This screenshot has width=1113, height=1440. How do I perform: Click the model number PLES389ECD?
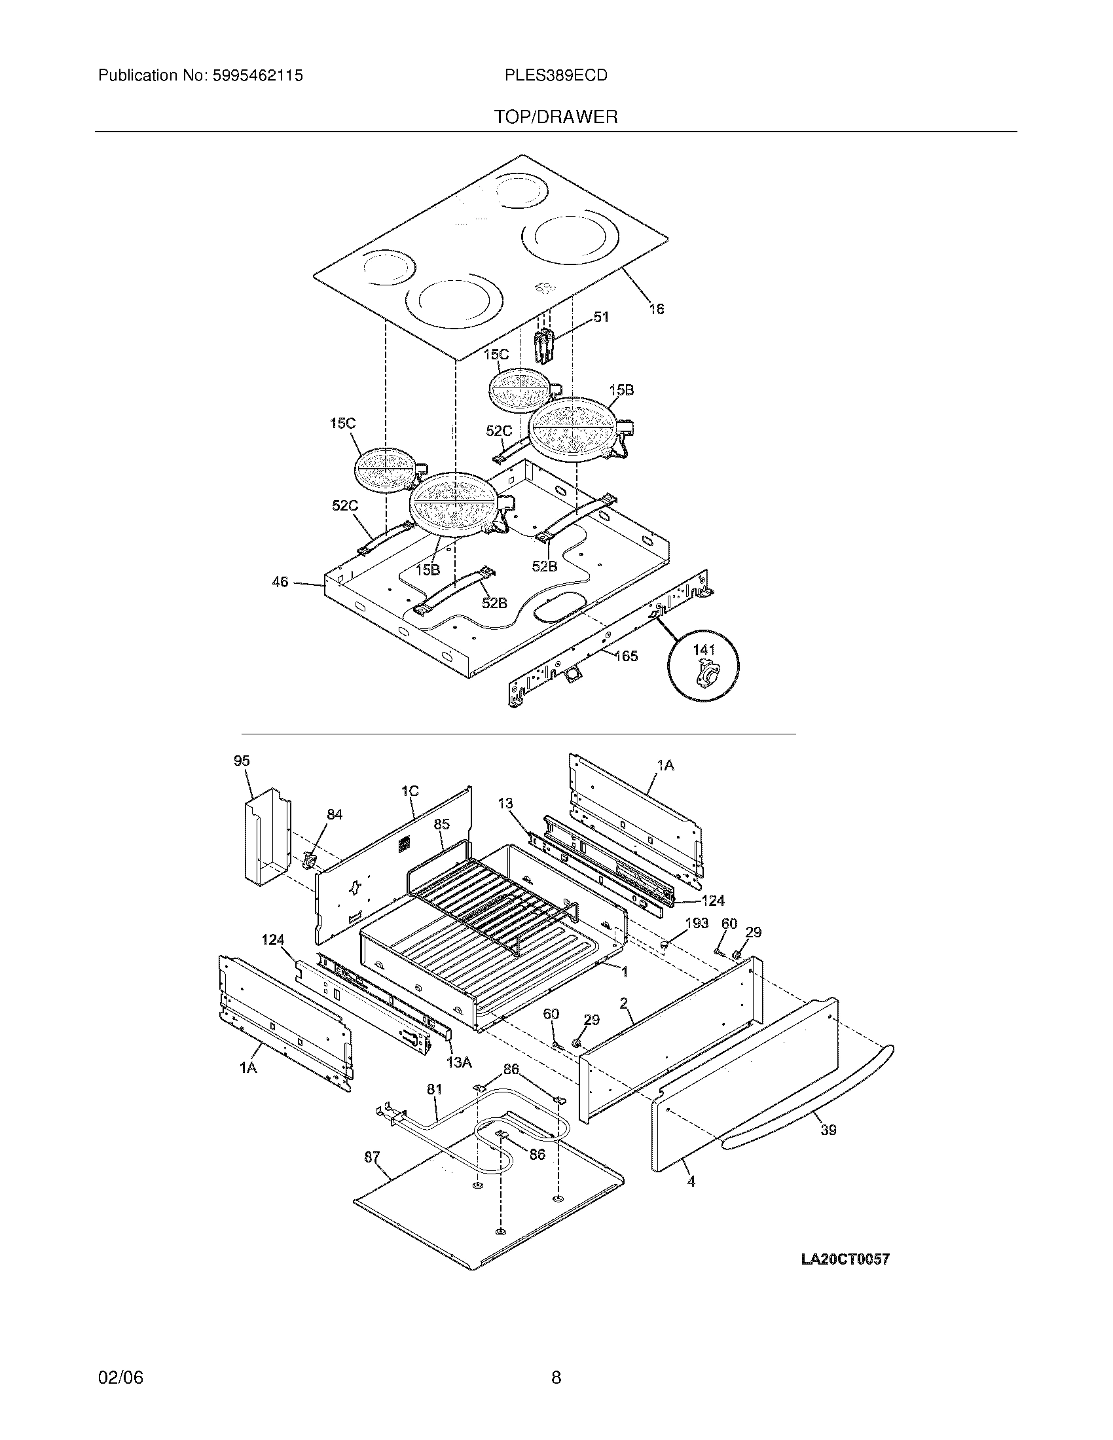[x=555, y=76]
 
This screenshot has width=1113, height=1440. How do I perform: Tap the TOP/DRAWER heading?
[x=556, y=117]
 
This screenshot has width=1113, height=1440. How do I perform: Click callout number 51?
[x=600, y=317]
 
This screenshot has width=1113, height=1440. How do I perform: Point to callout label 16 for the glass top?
[x=656, y=308]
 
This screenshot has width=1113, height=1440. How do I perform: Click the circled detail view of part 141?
[x=703, y=664]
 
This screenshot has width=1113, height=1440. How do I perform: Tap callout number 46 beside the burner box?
[x=280, y=581]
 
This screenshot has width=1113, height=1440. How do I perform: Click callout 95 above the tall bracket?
[x=242, y=761]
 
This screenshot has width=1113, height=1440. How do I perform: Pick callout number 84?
[x=335, y=814]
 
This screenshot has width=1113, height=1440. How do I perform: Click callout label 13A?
[x=459, y=1062]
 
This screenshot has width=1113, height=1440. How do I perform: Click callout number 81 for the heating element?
[x=434, y=1090]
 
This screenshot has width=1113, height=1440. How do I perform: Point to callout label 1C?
[x=409, y=791]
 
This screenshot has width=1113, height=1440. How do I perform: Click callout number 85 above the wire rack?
[x=442, y=824]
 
